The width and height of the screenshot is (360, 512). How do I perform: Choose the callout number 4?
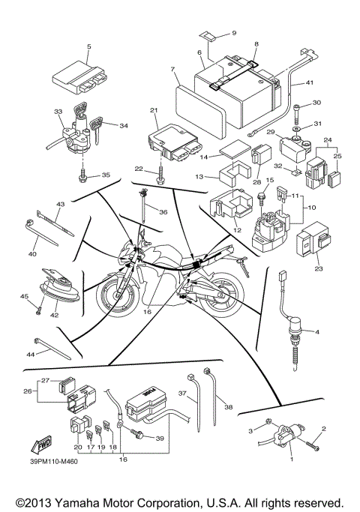(316, 331)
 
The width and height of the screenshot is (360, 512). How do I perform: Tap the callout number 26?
(28, 391)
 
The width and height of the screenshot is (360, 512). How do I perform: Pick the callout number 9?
(233, 34)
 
